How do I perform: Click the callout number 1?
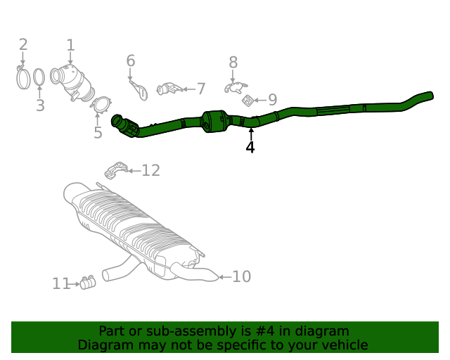click(x=70, y=46)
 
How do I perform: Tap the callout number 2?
click(x=23, y=45)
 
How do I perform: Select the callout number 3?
click(x=40, y=105)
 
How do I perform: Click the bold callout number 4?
click(x=250, y=147)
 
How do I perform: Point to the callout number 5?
click(x=98, y=132)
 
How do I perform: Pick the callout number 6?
click(x=130, y=61)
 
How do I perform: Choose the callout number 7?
click(x=201, y=89)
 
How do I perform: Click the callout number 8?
click(x=233, y=63)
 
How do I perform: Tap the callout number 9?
click(x=272, y=101)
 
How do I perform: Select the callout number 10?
click(x=241, y=277)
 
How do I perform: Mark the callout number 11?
click(x=61, y=284)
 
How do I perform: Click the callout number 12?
click(x=150, y=170)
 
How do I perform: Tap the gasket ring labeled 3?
click(x=40, y=77)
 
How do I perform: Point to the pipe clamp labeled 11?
click(x=88, y=283)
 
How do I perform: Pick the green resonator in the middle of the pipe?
click(x=216, y=121)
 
